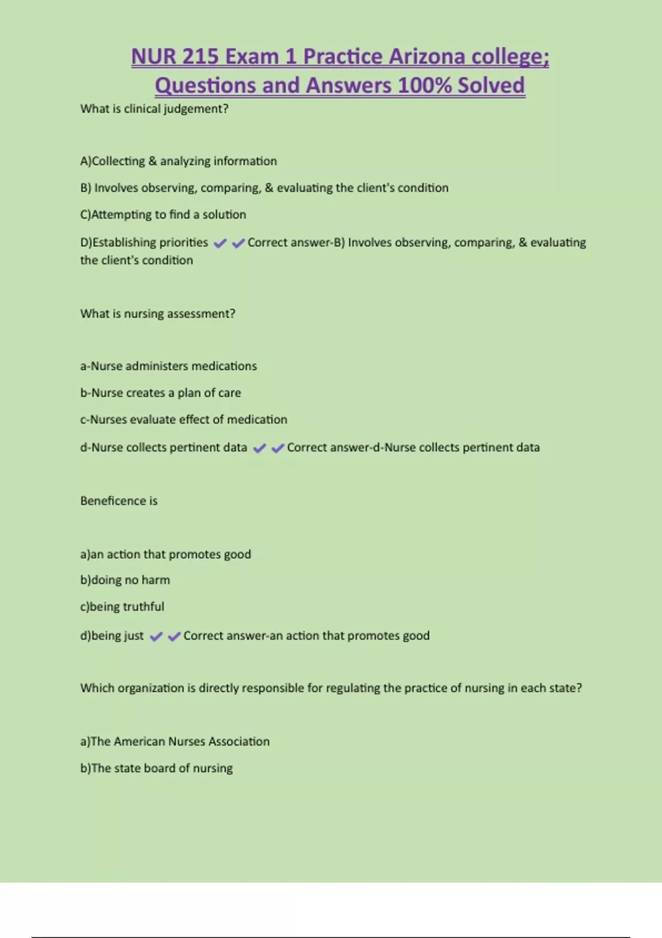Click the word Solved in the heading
click(x=491, y=86)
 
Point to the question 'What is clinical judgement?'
click(x=154, y=109)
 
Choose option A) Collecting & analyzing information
click(x=179, y=161)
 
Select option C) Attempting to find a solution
click(x=163, y=215)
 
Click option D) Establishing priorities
click(x=145, y=243)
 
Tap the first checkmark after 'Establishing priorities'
click(x=220, y=243)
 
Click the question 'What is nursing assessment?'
click(x=158, y=314)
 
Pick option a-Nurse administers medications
click(x=168, y=366)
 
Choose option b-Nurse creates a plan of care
click(x=161, y=393)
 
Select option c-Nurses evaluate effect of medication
click(x=184, y=420)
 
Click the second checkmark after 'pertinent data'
click(x=277, y=448)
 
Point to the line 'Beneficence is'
click(x=119, y=501)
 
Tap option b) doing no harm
click(x=125, y=580)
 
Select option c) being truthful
click(x=122, y=607)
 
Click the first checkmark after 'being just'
click(x=156, y=637)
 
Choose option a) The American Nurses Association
click(x=175, y=742)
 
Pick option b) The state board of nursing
click(x=157, y=768)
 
